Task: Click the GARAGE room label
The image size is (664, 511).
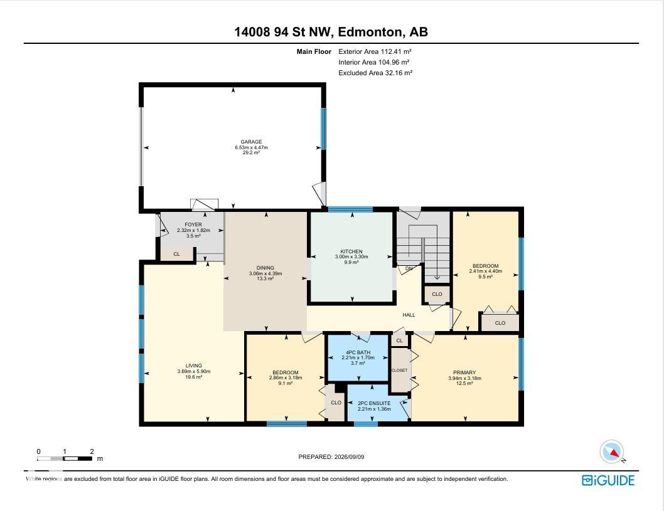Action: tap(251, 142)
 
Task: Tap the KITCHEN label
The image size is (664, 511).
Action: tap(351, 251)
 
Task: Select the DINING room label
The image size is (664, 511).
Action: tap(265, 268)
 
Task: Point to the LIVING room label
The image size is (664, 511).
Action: tap(193, 366)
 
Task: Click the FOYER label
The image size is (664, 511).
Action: tap(193, 224)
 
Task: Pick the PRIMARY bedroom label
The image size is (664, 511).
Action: tap(464, 372)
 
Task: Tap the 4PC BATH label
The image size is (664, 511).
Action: tap(358, 352)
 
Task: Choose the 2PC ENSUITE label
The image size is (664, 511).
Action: tap(374, 404)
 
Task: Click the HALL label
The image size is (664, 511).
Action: tap(409, 315)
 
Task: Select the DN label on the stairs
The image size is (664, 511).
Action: tap(409, 268)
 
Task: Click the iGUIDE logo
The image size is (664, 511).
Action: tap(608, 480)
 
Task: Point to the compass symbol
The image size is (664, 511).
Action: tap(612, 452)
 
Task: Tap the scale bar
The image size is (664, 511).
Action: tap(65, 458)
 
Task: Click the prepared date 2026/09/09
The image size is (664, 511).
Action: tap(350, 457)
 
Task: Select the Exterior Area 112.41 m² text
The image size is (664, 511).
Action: tap(375, 51)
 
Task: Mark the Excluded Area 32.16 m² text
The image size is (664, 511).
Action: tap(375, 73)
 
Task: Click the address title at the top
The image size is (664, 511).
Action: tap(331, 32)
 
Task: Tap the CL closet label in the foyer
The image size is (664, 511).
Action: tap(176, 254)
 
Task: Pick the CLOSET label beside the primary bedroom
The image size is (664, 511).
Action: tap(399, 370)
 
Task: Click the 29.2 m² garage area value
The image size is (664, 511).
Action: tap(251, 153)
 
